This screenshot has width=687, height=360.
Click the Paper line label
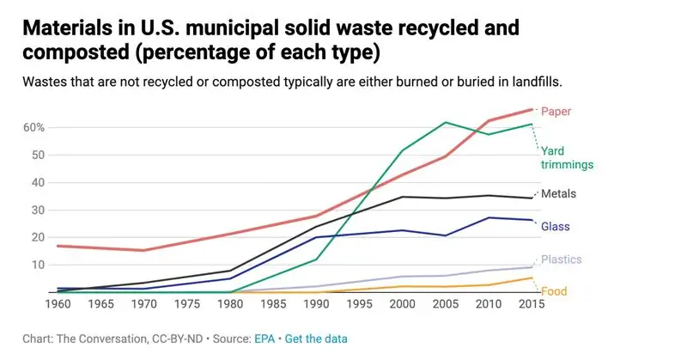[556, 111]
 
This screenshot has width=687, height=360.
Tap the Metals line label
[558, 193]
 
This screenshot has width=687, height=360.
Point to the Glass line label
[556, 226]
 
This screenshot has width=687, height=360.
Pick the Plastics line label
[561, 259]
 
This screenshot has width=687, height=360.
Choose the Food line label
[553, 291]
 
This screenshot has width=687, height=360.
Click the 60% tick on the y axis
[34, 127]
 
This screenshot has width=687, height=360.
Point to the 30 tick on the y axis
[38, 210]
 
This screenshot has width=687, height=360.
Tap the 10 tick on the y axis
[38, 265]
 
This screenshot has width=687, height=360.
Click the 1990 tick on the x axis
[316, 305]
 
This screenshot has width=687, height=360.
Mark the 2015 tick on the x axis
[532, 305]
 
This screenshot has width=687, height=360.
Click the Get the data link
[316, 339]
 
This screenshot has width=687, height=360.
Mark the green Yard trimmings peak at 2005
[446, 122]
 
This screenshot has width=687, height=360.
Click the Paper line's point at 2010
[489, 120]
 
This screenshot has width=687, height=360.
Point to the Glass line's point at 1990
[316, 237]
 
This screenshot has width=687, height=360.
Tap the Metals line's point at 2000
[403, 197]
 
